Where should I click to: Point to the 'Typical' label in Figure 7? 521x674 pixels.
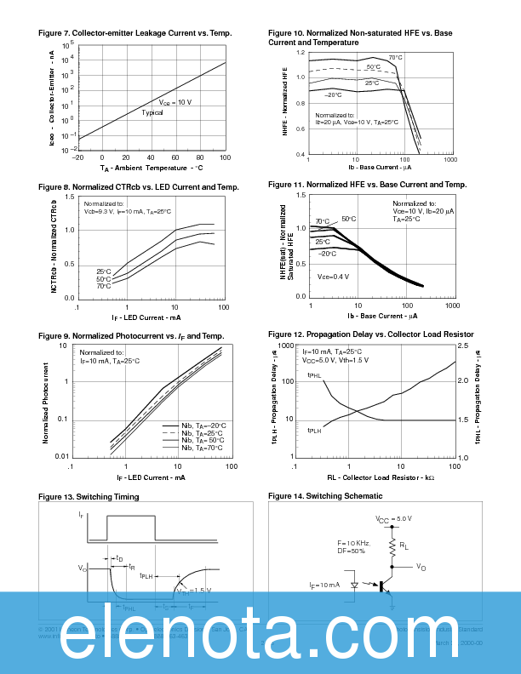tap(152, 112)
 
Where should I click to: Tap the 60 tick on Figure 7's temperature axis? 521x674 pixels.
tap(176, 157)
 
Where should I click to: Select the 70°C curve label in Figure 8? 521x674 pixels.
tap(103, 286)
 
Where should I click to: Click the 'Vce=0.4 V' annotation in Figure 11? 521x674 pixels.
tap(334, 277)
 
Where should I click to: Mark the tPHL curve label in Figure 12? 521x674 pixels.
tap(314, 374)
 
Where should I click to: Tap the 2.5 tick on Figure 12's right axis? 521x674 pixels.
tap(464, 346)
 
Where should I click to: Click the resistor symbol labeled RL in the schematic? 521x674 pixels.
tap(392, 545)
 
